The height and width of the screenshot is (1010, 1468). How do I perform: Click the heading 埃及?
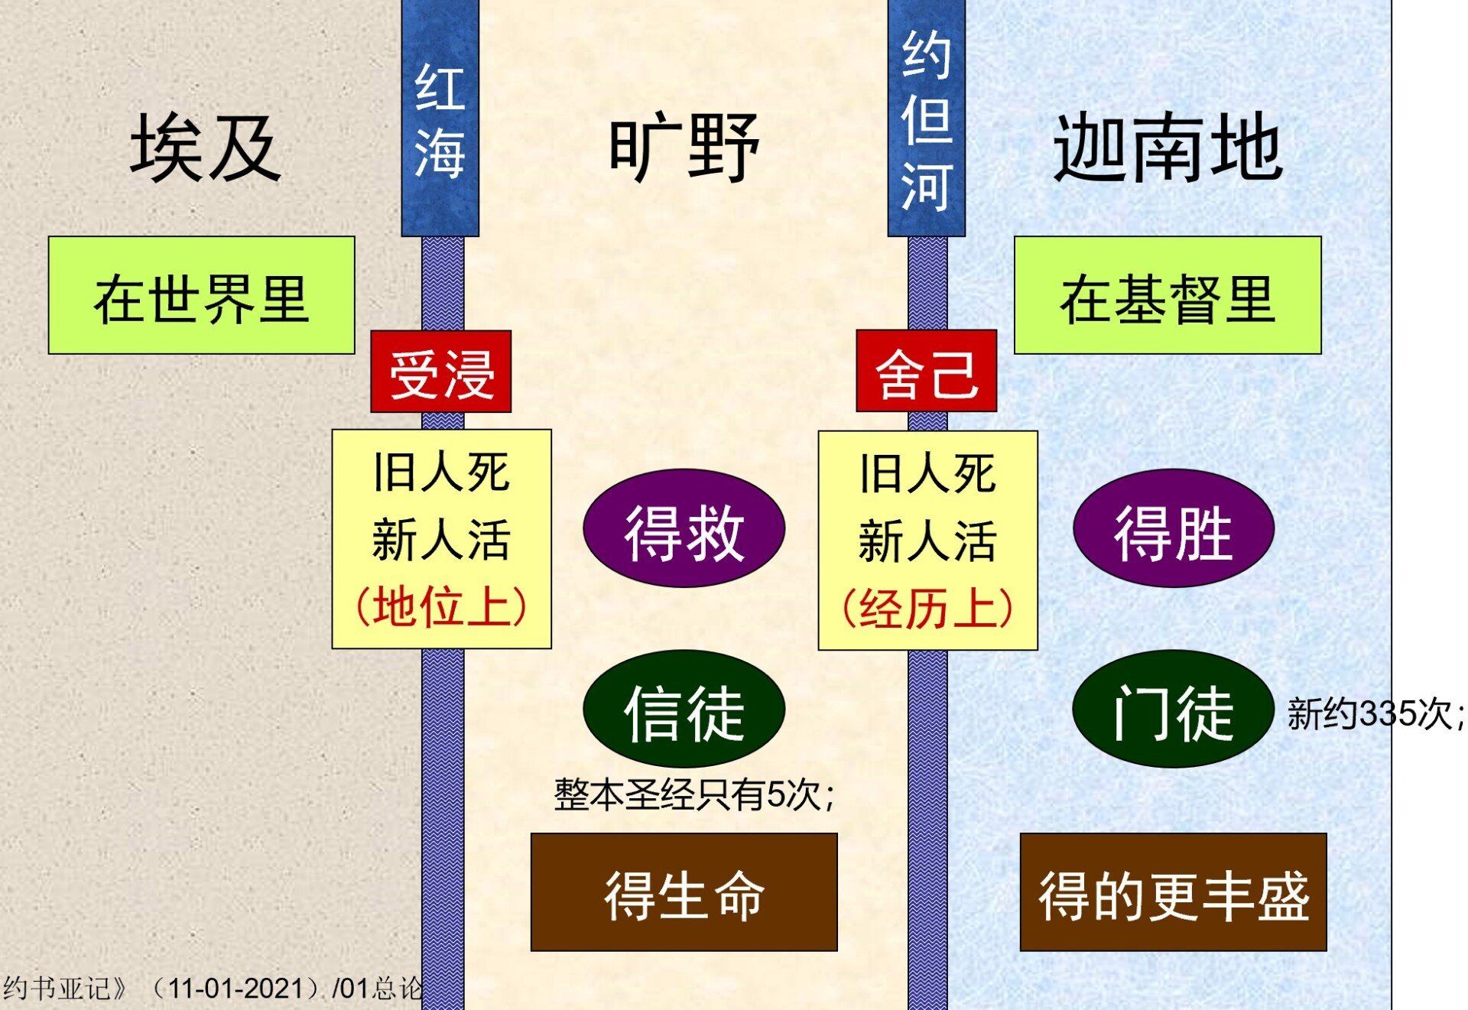205,148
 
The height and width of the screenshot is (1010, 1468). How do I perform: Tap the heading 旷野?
684,148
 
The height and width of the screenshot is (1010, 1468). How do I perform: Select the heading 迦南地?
1168,148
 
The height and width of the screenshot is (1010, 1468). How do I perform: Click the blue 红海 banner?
440,118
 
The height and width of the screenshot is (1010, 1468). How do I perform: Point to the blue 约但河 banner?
927,118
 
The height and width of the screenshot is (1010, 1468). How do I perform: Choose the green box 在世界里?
202,295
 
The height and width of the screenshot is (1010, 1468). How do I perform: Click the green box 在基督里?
1168,295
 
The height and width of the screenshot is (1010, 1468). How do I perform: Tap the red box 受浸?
441,372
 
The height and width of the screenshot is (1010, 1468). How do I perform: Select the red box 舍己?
927,372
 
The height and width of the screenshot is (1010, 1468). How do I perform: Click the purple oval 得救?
684,528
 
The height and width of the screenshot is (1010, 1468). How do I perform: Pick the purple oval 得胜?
1174,528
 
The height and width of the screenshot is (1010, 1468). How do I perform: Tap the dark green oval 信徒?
684,709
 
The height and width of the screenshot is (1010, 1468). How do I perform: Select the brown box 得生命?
684,892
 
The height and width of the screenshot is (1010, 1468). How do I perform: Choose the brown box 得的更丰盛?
1174,892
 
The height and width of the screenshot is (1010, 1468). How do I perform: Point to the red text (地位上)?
441,607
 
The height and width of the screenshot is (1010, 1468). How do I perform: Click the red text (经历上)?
927,609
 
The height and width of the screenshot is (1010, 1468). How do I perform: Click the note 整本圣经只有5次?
693,794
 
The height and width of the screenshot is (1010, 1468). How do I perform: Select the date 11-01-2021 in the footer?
235,989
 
